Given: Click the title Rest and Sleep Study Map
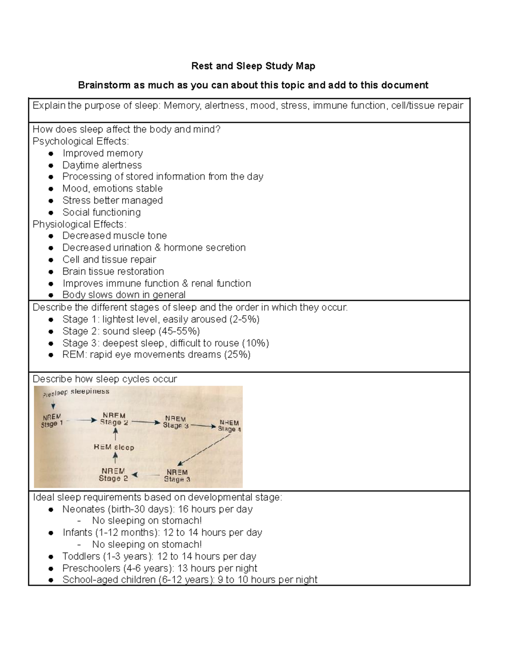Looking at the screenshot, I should [x=253, y=66].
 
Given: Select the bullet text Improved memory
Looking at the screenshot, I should [x=103, y=153].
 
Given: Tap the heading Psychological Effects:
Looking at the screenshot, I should [x=81, y=141].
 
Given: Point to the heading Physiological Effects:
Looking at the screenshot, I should [x=79, y=224].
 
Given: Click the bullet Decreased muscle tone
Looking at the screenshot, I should [x=114, y=236].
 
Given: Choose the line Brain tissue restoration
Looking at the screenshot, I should [x=113, y=271].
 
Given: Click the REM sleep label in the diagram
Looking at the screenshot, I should [x=114, y=447].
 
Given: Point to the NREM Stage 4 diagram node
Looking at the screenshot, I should [x=229, y=426].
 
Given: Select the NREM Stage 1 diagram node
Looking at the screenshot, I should [x=52, y=421].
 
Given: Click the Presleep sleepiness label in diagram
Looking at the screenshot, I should [x=76, y=392].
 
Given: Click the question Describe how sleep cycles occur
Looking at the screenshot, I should [x=105, y=379].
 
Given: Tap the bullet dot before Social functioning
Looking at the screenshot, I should [x=51, y=212].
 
